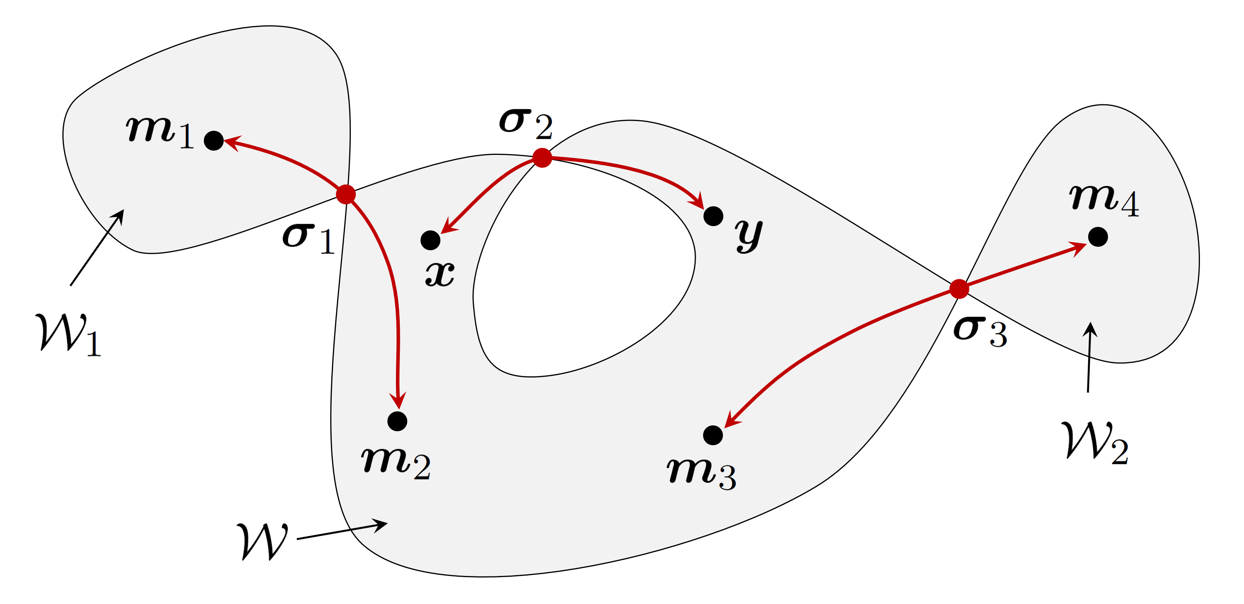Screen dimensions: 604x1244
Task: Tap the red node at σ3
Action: pos(959,288)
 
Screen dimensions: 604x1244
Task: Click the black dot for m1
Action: pos(214,141)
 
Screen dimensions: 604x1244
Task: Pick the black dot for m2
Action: pos(397,421)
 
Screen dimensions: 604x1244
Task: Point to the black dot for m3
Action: pos(713,435)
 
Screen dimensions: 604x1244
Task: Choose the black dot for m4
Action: pos(1098,237)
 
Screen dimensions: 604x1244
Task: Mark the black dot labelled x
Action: pos(430,240)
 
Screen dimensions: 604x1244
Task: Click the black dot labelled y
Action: pos(713,216)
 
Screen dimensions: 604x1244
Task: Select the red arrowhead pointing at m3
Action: pos(732,419)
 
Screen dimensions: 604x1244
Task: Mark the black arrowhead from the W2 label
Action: pos(1090,330)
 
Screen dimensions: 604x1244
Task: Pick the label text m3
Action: pos(702,473)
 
